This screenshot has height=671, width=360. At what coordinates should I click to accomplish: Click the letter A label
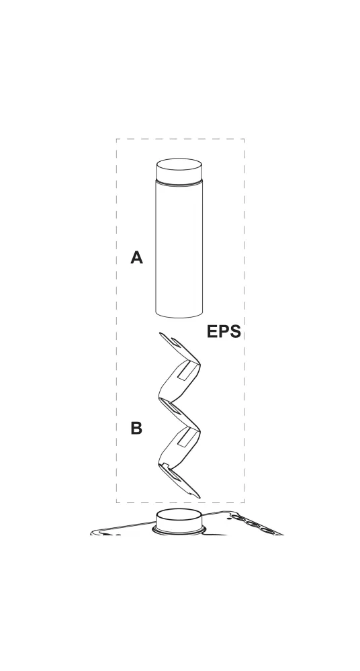point(136,258)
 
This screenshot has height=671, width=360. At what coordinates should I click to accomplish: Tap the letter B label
point(136,428)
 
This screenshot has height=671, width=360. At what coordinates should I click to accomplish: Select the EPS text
point(224,332)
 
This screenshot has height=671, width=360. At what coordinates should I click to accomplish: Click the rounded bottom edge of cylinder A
point(179,316)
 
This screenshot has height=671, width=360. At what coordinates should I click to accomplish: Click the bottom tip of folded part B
point(199,497)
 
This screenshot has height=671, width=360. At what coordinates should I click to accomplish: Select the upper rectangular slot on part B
point(186,371)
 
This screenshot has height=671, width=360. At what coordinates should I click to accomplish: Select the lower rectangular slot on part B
point(186,437)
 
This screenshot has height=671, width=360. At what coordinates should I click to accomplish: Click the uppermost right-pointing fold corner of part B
point(199,364)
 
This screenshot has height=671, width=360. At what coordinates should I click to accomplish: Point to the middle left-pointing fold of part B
point(160,399)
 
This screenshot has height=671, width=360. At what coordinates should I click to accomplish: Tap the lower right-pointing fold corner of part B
point(199,430)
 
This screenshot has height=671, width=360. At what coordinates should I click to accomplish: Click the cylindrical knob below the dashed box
point(179,519)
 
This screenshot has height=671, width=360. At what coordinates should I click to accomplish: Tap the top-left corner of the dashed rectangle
point(116,138)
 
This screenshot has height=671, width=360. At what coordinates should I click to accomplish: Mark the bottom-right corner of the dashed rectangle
point(245,502)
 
